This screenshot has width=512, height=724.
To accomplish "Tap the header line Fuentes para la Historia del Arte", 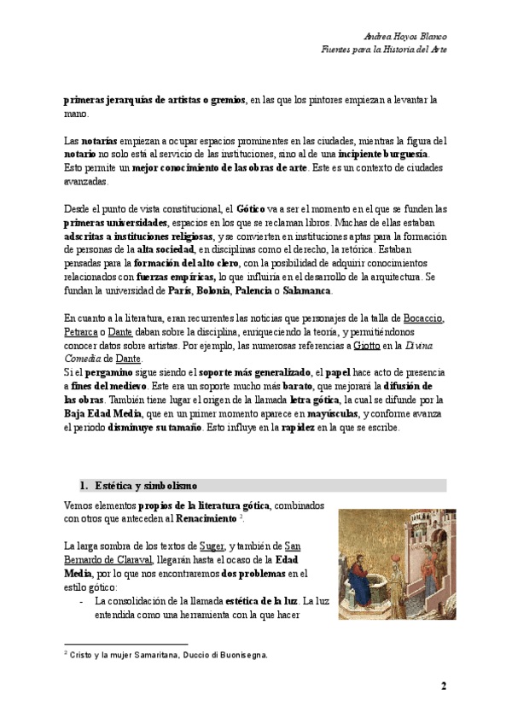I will point(389,50).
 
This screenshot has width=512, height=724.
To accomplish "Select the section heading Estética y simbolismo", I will point(143,486).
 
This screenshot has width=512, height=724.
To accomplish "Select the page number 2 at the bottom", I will point(443,686).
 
